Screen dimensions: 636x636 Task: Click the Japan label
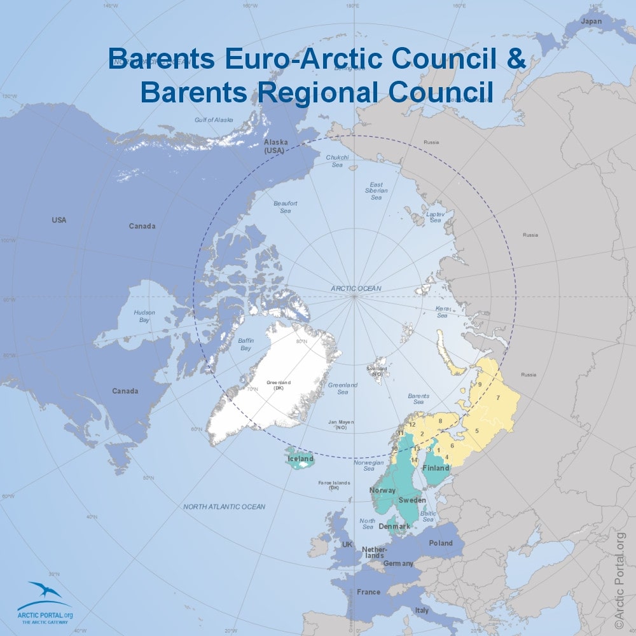[591, 21]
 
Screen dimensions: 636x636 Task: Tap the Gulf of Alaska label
[214, 120]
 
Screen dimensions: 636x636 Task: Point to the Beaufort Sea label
[286, 207]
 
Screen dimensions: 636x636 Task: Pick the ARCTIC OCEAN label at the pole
[356, 288]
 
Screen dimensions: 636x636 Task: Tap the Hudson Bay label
[144, 316]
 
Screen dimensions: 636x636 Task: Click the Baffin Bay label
[246, 345]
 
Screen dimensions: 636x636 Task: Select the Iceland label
[301, 459]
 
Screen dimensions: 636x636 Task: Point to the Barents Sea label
[418, 399]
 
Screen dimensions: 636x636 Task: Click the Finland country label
[437, 468]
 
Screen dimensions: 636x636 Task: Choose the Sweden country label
[412, 500]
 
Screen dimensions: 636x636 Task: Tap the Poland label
[441, 543]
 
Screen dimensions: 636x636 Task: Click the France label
[368, 592]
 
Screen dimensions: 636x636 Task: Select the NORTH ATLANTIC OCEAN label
[225, 507]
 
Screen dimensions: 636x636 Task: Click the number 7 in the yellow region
[498, 397]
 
